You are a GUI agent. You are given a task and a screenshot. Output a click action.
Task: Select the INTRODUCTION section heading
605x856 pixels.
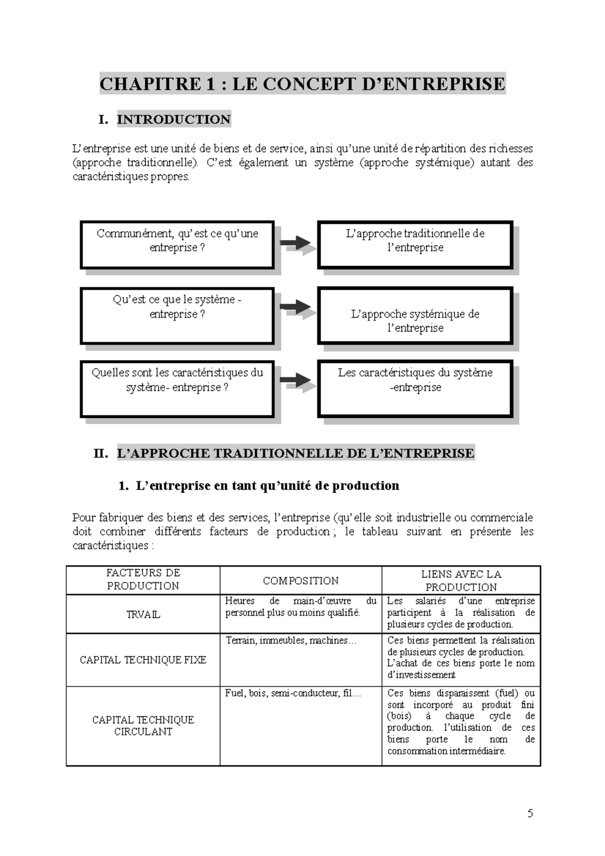click(173, 119)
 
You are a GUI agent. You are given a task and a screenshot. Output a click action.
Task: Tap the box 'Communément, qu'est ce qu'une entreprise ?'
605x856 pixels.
click(177, 244)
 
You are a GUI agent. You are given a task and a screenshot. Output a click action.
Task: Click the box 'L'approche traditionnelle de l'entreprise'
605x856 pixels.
click(414, 244)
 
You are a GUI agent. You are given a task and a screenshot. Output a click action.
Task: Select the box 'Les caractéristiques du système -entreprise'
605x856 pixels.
click(414, 388)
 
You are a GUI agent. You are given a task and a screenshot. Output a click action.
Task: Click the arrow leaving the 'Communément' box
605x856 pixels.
click(296, 243)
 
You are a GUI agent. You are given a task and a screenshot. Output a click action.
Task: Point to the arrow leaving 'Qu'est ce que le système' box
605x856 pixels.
click(296, 307)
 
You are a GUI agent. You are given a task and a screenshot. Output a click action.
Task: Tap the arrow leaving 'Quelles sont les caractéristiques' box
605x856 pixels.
click(296, 380)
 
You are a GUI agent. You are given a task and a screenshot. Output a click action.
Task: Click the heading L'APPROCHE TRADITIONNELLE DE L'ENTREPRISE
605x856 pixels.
click(295, 453)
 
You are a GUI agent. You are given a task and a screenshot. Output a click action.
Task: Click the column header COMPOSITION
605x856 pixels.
click(300, 581)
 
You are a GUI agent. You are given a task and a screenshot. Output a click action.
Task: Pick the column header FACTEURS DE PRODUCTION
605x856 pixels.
click(143, 579)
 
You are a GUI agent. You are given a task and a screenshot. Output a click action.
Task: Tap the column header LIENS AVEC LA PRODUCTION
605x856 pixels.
click(461, 581)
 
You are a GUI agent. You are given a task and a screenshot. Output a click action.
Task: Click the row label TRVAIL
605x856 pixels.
click(143, 615)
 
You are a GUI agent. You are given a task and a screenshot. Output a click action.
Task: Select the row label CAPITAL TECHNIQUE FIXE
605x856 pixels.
click(143, 660)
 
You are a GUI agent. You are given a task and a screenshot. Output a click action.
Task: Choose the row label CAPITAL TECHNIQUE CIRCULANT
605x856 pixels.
click(143, 726)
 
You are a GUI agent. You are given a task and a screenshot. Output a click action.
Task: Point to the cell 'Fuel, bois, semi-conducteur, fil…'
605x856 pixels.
click(293, 694)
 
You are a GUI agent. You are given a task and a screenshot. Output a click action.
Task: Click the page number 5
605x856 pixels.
click(530, 813)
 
